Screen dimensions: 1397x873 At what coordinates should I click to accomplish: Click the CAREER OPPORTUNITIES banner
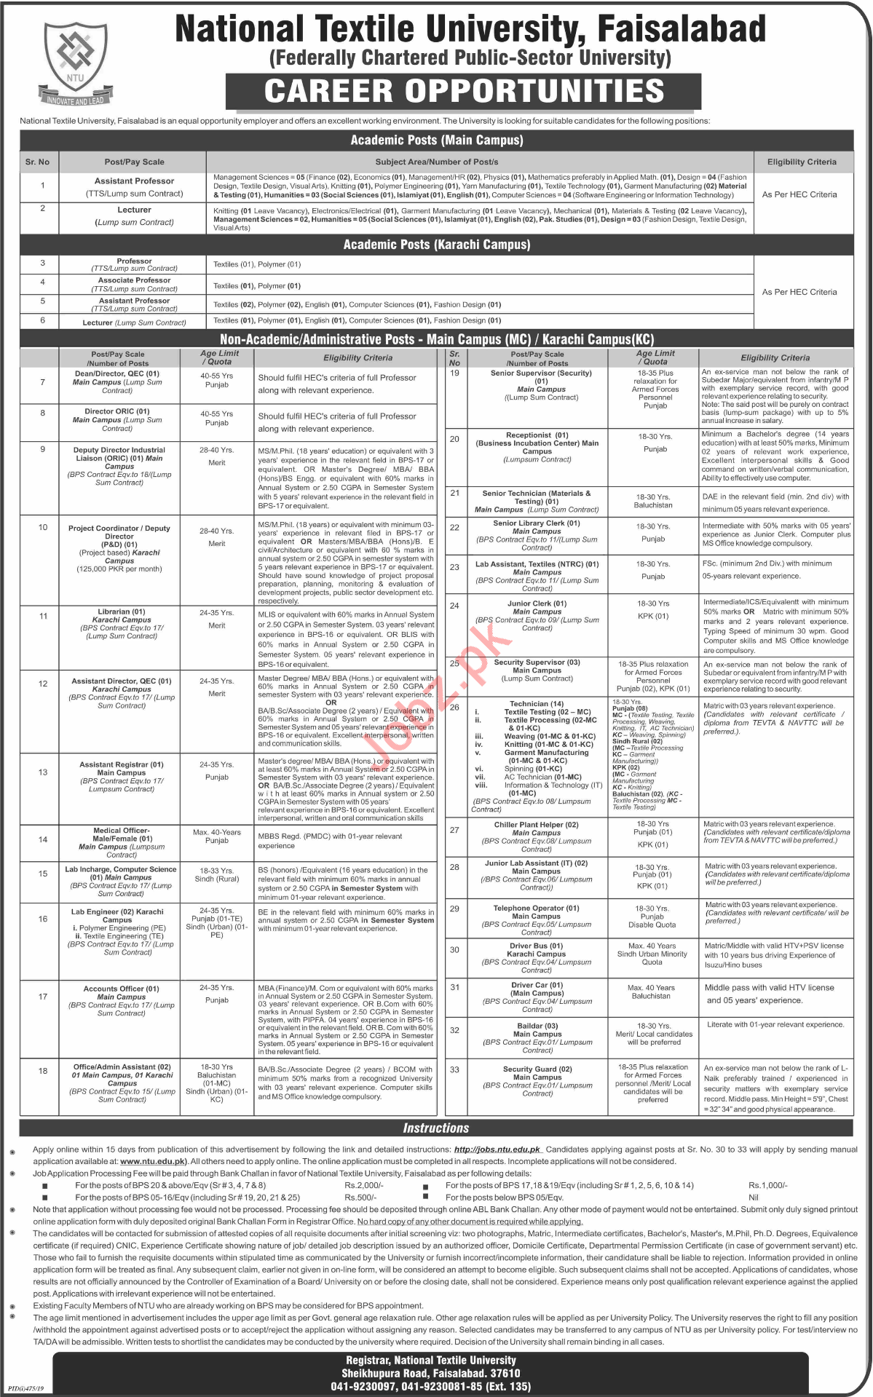(x=464, y=92)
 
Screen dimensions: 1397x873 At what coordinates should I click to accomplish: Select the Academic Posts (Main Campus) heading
(x=436, y=141)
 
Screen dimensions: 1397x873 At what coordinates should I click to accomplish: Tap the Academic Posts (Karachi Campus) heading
(x=436, y=245)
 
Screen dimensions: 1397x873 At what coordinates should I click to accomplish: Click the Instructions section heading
(x=436, y=1128)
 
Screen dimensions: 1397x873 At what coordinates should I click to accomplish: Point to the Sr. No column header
(x=38, y=162)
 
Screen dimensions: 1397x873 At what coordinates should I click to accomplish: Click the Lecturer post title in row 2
(x=134, y=210)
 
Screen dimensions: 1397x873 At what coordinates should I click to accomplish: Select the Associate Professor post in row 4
(x=135, y=280)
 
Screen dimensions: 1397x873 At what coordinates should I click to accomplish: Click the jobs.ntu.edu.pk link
(x=497, y=1149)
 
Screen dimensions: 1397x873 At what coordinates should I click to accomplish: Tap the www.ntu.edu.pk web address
(x=153, y=1161)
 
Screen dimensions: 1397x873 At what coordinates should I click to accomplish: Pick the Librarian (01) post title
(x=122, y=612)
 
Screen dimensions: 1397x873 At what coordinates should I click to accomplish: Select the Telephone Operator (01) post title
(x=537, y=909)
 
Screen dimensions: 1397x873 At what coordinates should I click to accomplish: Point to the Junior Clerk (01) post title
(x=537, y=603)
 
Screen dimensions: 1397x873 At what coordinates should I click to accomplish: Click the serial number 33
(x=454, y=1069)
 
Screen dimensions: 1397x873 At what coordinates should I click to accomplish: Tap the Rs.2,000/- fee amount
(x=364, y=1185)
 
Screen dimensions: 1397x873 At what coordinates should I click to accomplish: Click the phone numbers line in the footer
(x=430, y=1386)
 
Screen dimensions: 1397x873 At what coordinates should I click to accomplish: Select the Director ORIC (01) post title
(x=117, y=412)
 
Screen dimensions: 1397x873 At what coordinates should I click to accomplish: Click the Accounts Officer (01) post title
(x=121, y=989)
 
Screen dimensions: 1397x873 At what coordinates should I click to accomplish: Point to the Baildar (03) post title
(x=537, y=1026)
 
